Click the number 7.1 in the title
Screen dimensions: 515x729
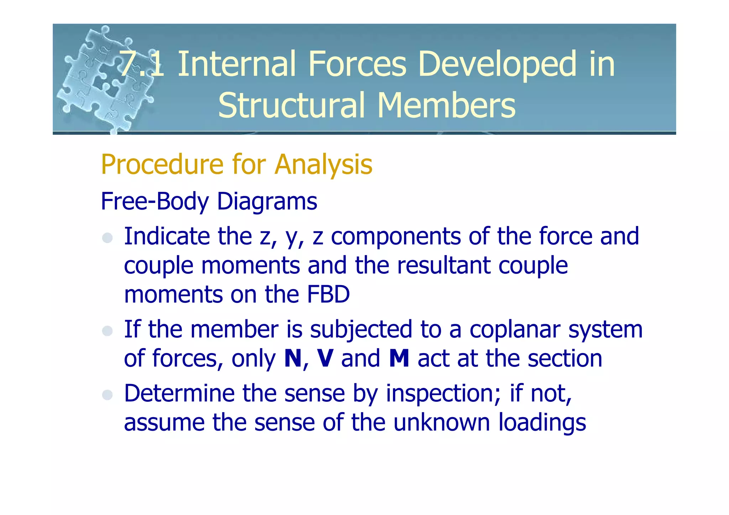142,64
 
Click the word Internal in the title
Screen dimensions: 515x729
236,64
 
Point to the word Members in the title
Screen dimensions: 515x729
446,105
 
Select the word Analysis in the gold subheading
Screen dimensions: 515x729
323,165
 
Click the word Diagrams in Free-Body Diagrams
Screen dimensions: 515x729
267,202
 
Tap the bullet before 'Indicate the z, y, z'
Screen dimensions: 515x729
107,238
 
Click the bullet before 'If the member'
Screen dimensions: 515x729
107,331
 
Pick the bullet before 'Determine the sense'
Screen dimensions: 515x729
107,394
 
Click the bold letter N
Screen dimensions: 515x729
293,358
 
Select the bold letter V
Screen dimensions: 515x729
325,358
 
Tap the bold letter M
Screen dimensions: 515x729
399,358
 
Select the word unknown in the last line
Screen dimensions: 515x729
442,422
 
